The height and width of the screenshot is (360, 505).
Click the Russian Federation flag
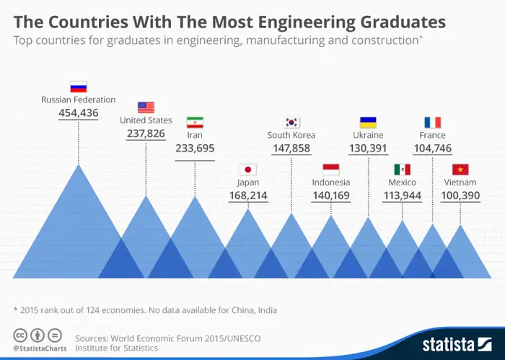78,87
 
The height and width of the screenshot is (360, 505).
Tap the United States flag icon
146,107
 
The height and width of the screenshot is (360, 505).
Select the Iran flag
195,122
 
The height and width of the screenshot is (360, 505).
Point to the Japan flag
248,170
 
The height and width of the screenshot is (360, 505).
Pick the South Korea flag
291,122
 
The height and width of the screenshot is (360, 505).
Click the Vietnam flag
460,170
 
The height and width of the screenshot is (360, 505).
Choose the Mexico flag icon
402,170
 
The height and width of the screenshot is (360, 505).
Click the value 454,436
78,113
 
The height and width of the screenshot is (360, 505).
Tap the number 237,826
146,133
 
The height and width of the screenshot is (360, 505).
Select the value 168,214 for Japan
248,196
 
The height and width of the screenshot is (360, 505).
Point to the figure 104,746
432,148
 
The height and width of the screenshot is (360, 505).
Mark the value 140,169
331,196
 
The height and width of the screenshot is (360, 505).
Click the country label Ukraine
368,135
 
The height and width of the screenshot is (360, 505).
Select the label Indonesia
331,183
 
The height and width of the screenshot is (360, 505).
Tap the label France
432,135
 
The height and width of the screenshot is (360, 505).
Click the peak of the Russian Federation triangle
78,164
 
